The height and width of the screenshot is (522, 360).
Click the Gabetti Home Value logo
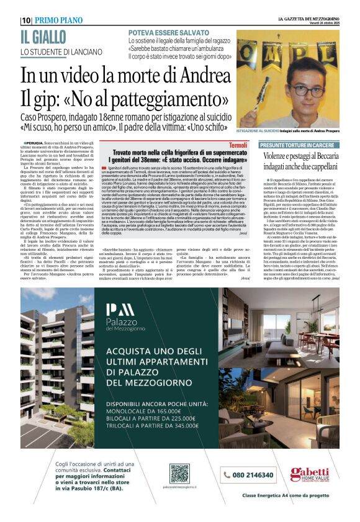coord(310,475)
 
